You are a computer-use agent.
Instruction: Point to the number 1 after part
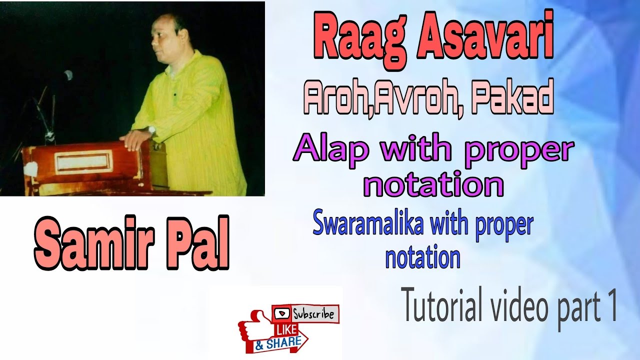[611, 308]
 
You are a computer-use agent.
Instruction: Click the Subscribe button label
[313, 314]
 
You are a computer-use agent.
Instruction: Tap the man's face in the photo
[165, 42]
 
